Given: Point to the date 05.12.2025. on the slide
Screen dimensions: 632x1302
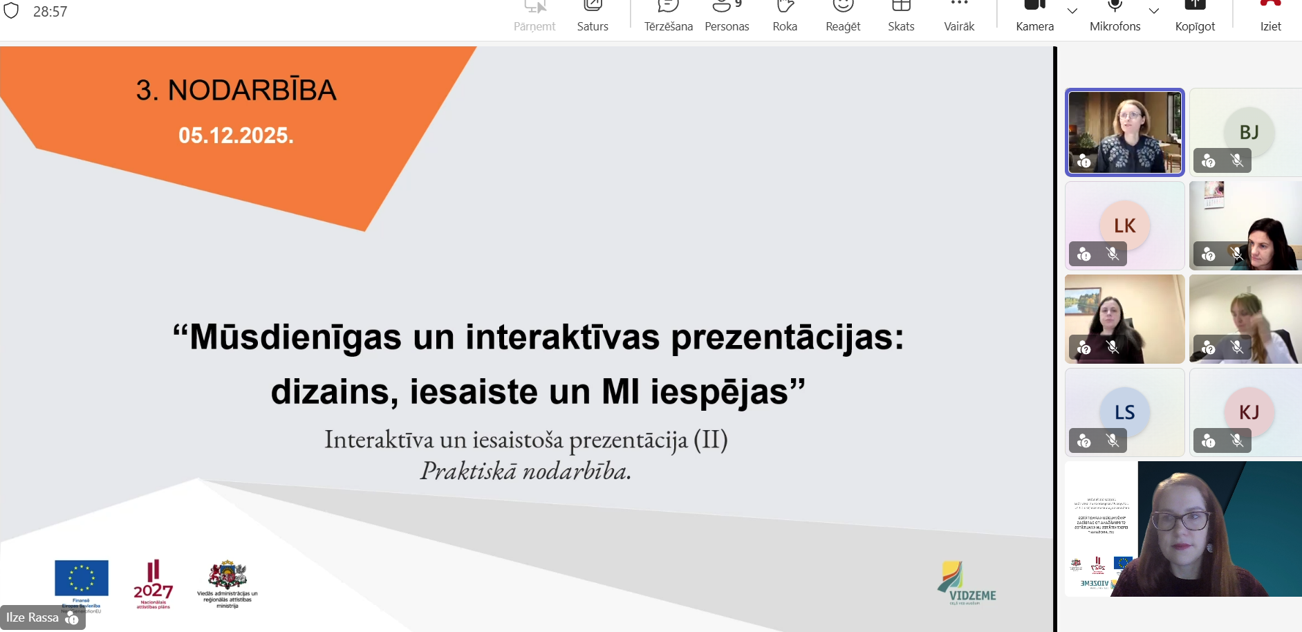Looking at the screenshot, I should point(236,136).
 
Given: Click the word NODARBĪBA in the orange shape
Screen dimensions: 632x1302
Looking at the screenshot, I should point(252,91).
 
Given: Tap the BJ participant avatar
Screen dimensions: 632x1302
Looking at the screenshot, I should point(1249,132).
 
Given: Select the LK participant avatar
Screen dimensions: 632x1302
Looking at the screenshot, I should point(1124,225).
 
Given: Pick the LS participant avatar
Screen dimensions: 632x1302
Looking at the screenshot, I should point(1124,412).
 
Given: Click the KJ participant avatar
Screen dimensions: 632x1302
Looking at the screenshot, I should point(1249,412).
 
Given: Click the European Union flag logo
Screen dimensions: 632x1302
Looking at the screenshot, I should point(82,577).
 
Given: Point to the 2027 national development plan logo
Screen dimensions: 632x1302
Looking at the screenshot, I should point(153,584).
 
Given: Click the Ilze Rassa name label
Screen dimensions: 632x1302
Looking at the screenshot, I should point(32,617).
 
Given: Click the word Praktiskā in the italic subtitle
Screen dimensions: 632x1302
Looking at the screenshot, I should point(468,472).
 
